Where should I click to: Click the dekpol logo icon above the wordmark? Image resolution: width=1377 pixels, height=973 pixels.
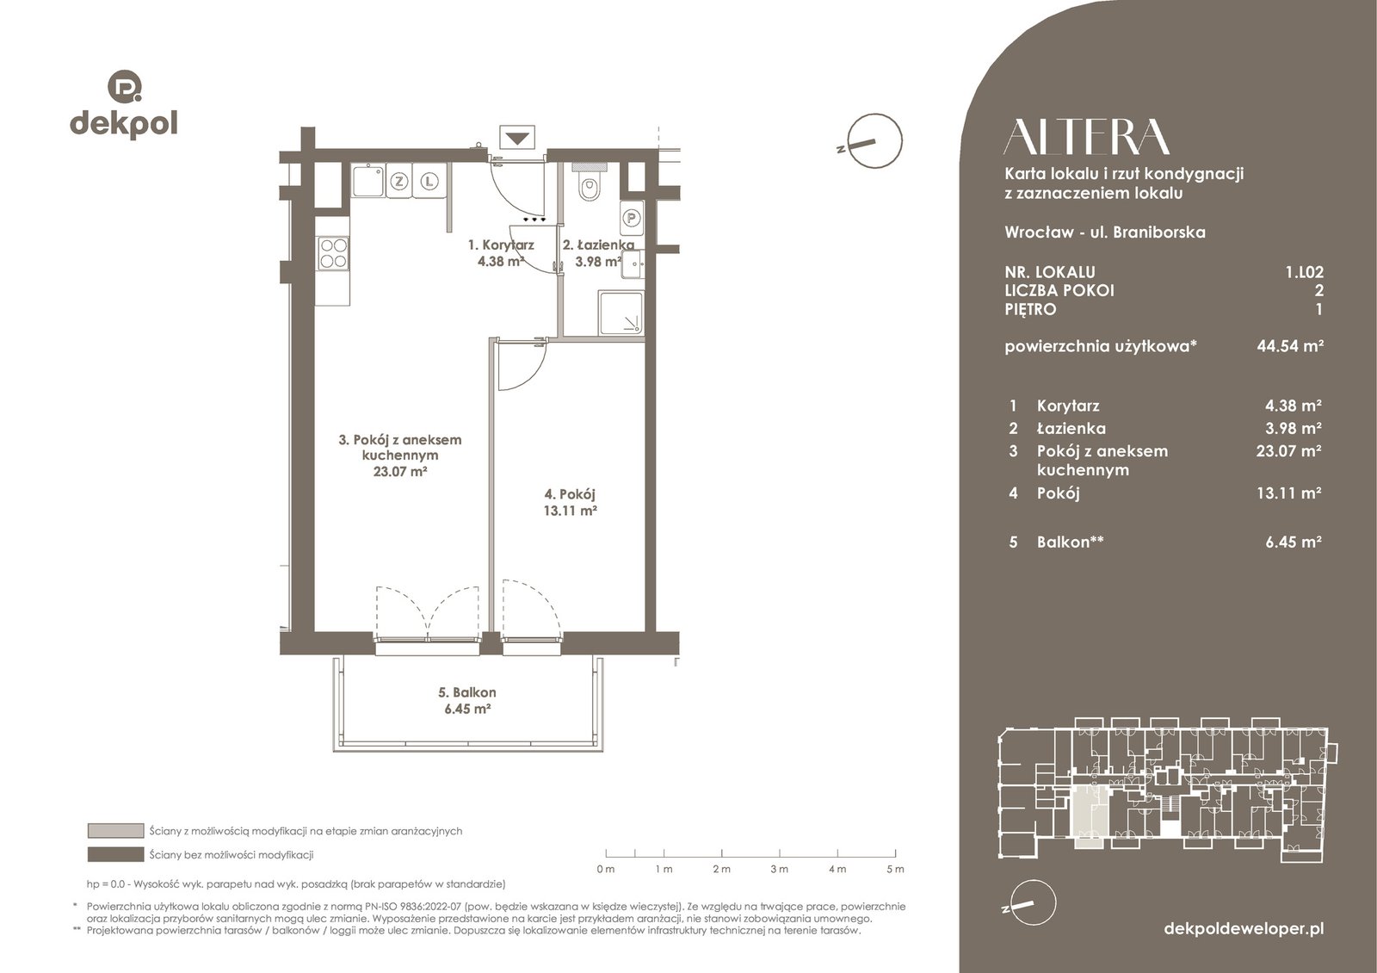(125, 86)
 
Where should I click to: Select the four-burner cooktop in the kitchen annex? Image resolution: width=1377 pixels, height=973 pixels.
(333, 253)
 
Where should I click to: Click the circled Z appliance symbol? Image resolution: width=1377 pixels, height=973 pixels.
(399, 182)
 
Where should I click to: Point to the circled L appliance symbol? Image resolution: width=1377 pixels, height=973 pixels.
(429, 182)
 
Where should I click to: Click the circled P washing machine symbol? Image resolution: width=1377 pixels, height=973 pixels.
(632, 218)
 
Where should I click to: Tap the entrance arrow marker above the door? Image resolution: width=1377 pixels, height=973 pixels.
(517, 138)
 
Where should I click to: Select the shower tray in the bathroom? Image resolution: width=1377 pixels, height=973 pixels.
(621, 313)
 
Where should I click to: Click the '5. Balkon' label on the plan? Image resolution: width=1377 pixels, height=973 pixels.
(467, 692)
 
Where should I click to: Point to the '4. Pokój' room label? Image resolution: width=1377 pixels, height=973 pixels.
(570, 494)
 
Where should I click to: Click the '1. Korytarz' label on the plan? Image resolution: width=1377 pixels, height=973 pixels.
(501, 245)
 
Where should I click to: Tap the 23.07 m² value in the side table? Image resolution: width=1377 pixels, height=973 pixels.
(1288, 451)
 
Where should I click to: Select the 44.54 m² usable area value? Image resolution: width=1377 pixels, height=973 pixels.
(1290, 345)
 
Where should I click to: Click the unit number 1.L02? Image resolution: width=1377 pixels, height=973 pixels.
(1305, 272)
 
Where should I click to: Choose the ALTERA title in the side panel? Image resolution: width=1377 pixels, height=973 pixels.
(1086, 137)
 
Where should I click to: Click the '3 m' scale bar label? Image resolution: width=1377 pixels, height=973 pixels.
(780, 869)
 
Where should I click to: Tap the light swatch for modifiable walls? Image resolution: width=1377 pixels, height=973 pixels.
(115, 831)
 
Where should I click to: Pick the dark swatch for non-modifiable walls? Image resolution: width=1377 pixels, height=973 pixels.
(115, 855)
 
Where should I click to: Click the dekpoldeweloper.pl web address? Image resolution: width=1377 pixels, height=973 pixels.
(1244, 929)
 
